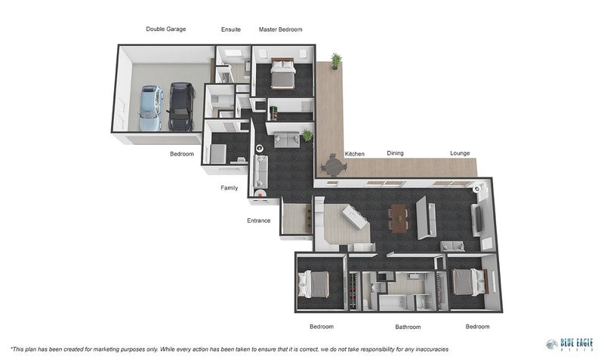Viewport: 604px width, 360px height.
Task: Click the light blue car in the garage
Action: tap(150, 107)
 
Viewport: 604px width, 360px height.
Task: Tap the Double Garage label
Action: tap(166, 29)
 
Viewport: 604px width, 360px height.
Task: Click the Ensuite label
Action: tap(231, 29)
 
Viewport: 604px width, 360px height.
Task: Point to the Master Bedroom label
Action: tap(280, 29)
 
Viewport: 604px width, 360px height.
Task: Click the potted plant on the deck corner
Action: tap(335, 60)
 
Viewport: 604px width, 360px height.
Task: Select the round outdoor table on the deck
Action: tap(332, 165)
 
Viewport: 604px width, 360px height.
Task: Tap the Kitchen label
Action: tap(355, 154)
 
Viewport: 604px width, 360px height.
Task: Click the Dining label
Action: tap(395, 153)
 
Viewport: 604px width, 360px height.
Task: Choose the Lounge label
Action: tap(460, 153)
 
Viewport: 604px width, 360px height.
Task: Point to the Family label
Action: tap(229, 188)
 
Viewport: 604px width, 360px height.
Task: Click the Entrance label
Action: tap(258, 220)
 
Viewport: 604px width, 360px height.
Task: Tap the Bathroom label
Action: tap(408, 327)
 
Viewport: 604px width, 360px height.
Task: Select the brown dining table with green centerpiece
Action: tap(398, 218)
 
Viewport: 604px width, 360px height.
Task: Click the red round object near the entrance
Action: tap(260, 192)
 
